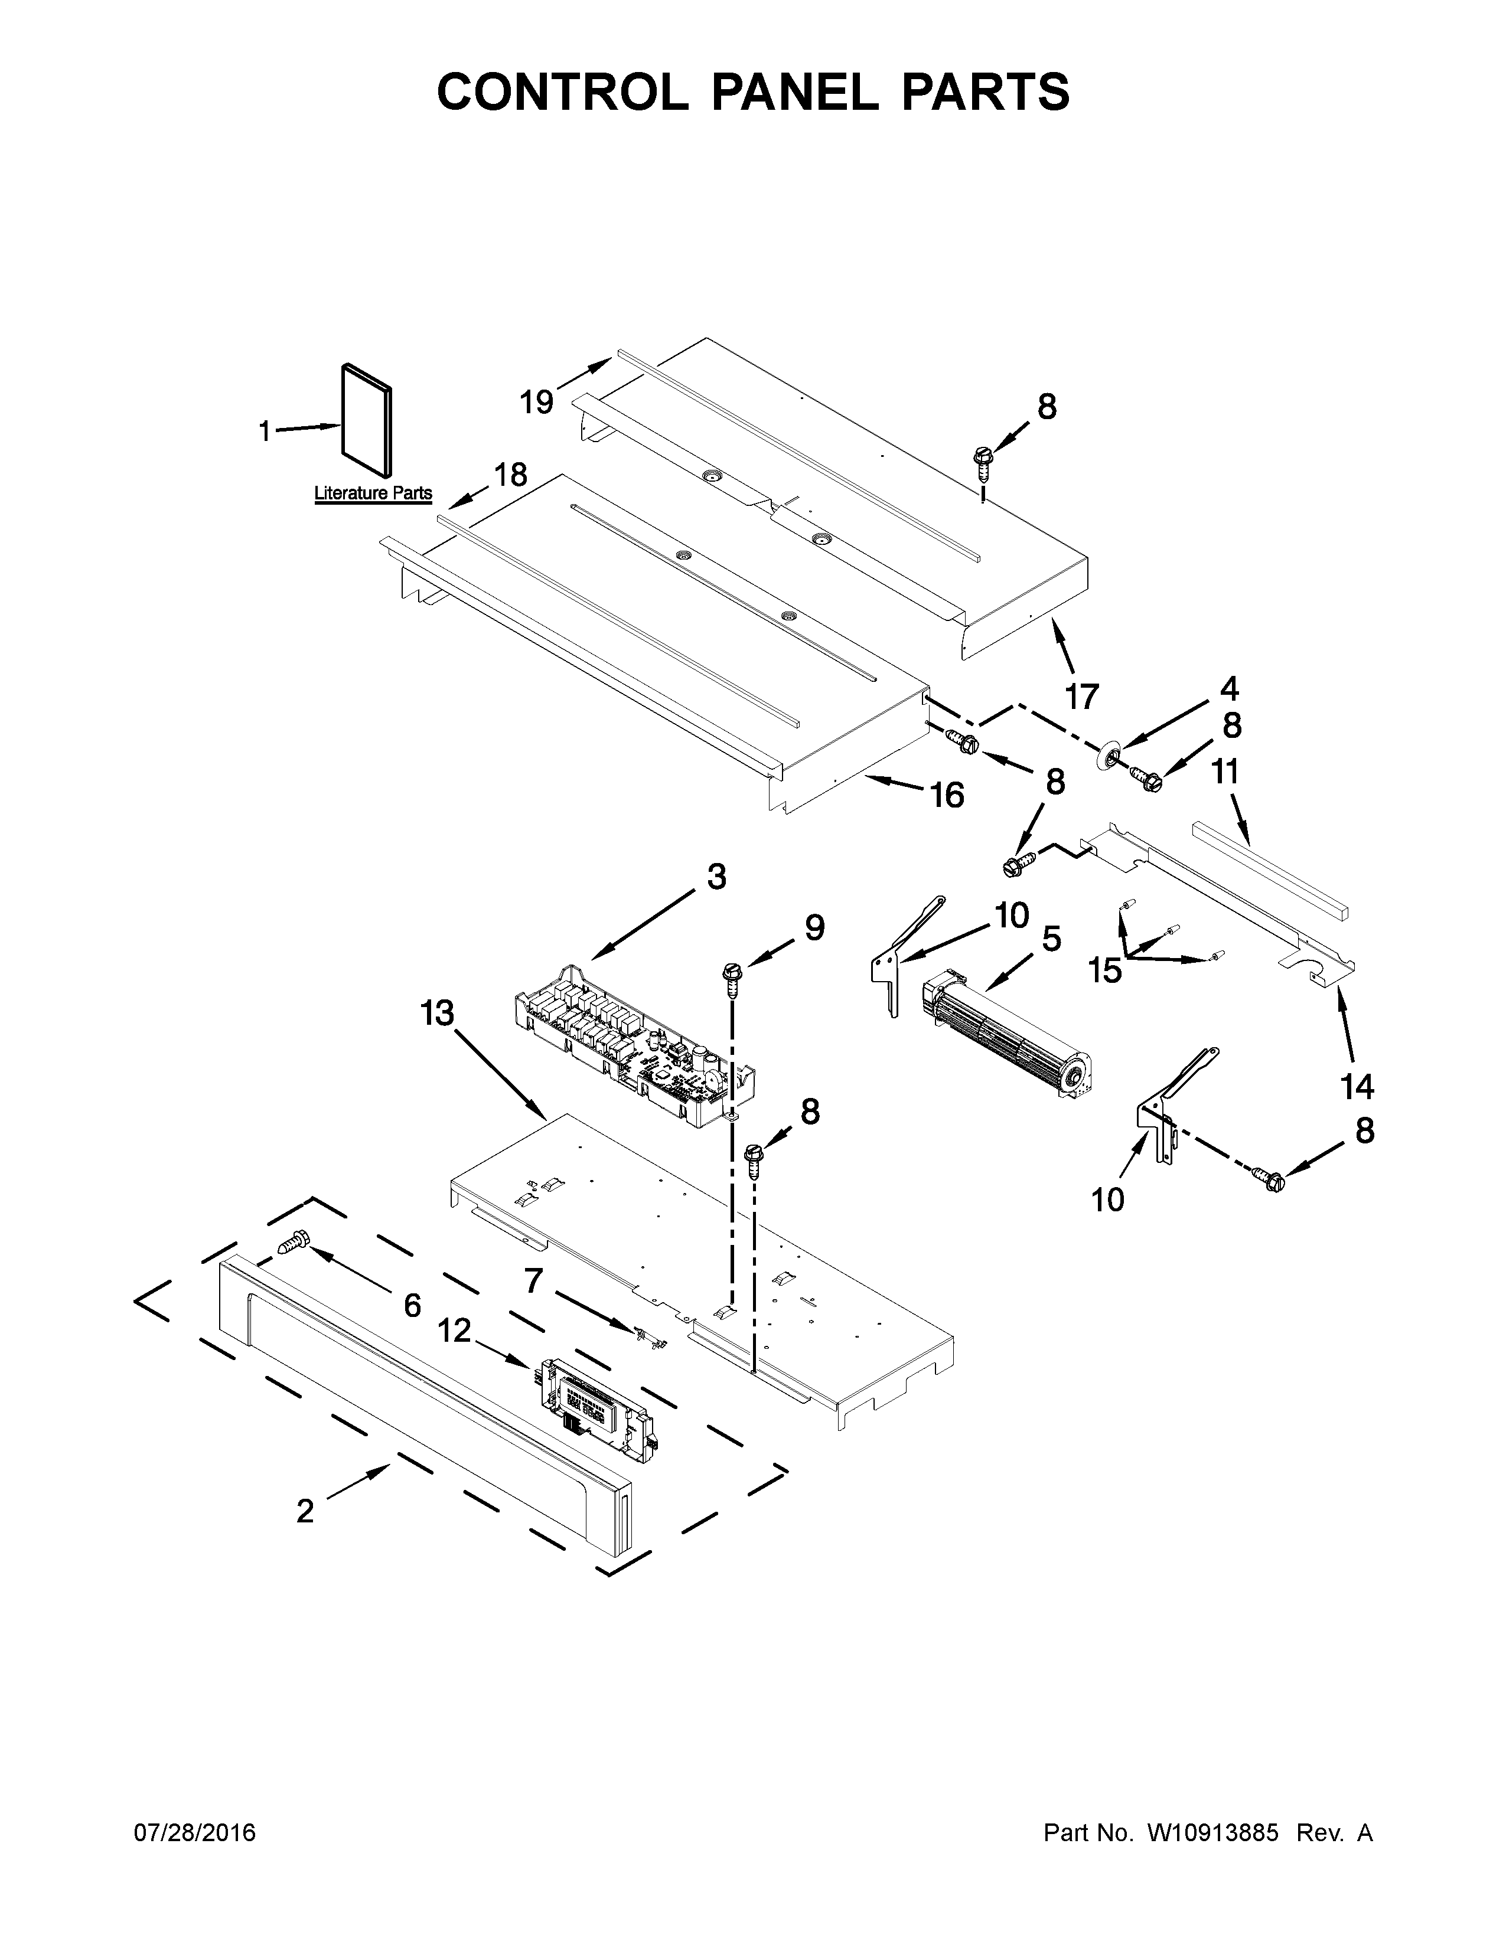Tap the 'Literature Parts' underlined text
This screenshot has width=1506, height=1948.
(x=373, y=493)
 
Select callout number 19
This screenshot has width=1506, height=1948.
(x=537, y=402)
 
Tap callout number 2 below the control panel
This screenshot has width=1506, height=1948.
(x=305, y=1511)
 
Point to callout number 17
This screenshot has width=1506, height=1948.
(x=1081, y=696)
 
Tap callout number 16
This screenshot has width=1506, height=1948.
(x=947, y=794)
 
